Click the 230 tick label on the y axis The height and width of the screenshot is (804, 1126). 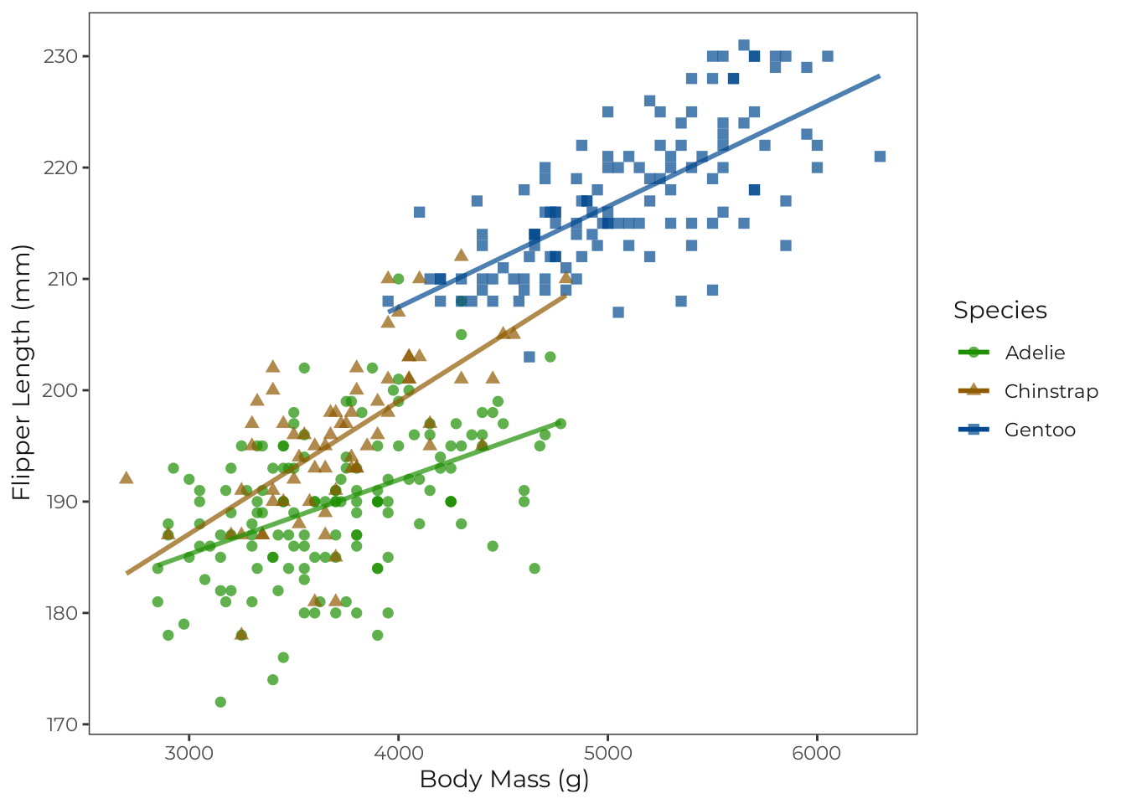60,56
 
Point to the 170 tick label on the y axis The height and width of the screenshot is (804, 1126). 60,724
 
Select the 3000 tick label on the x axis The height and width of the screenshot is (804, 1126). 189,753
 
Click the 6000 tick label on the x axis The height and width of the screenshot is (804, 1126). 816,753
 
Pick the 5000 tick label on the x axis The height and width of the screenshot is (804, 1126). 607,753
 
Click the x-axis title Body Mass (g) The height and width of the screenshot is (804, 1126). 504,780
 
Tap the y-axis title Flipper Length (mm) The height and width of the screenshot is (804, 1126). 22,373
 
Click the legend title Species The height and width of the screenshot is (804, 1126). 999,311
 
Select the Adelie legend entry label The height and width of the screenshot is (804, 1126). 1035,353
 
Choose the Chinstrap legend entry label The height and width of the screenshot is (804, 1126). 1051,391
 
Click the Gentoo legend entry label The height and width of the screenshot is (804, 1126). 1040,430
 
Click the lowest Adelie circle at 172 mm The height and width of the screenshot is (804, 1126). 220,702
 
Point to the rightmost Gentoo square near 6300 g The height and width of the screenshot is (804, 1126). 880,157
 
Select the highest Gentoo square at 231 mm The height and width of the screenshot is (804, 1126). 744,45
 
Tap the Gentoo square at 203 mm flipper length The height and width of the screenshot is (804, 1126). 529,357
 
